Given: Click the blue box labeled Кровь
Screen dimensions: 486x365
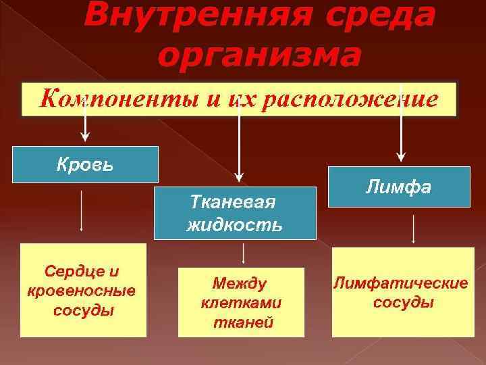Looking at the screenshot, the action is click(85, 164).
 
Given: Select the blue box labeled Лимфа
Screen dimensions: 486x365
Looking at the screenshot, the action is click(398, 187).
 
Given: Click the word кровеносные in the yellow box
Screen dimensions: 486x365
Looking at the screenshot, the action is click(82, 291).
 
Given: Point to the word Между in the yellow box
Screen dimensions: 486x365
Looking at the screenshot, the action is click(239, 283).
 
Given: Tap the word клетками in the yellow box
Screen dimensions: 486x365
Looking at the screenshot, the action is click(241, 302).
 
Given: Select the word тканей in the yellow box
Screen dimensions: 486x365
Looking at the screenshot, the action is click(241, 322).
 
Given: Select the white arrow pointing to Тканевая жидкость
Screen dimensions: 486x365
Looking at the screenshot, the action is click(238, 135).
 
